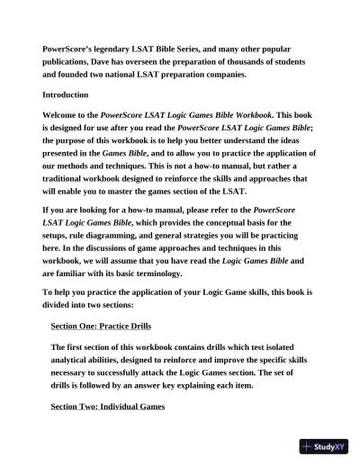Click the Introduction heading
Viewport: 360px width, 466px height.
click(66, 94)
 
